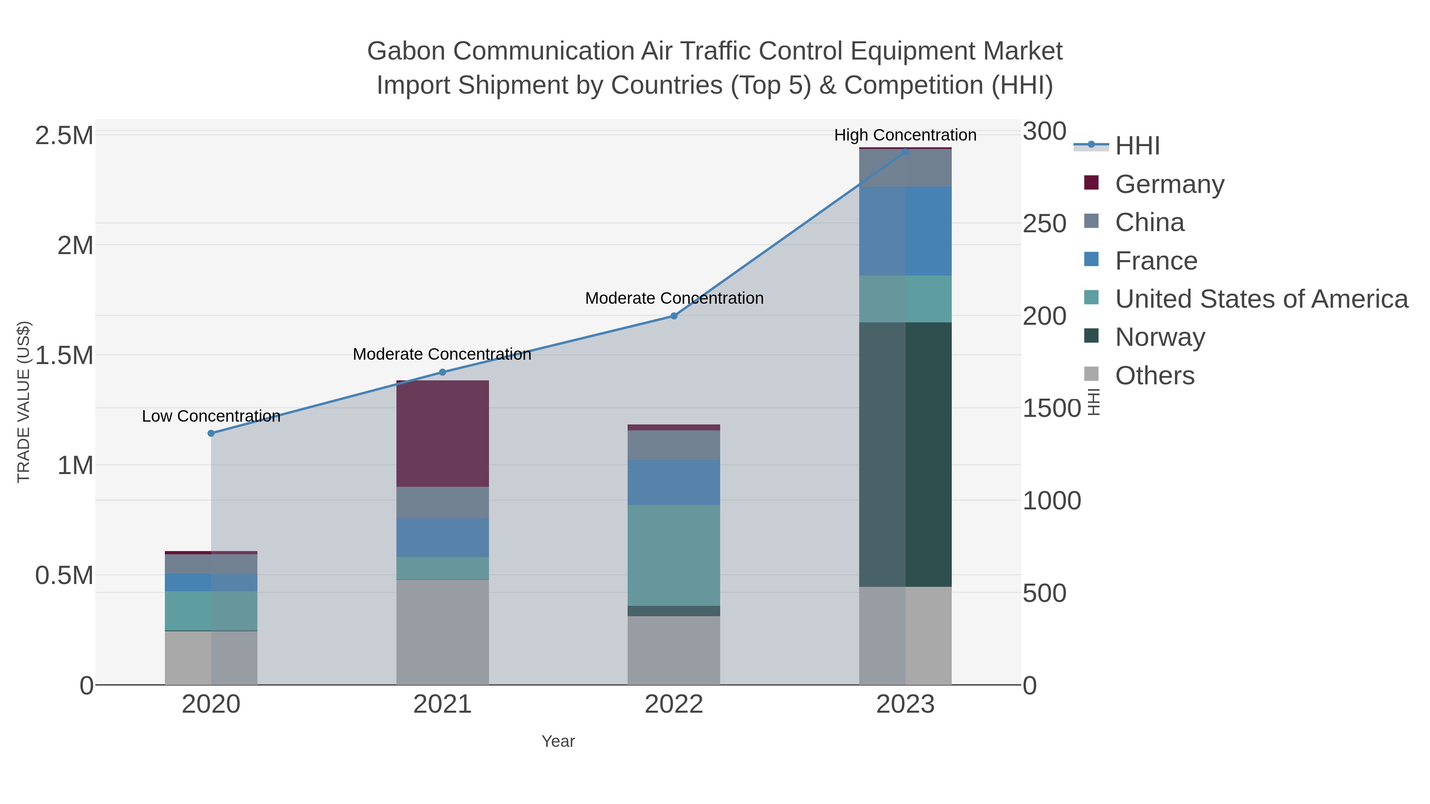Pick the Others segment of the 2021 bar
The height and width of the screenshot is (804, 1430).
coord(443,632)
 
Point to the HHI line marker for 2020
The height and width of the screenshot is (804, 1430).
coord(211,433)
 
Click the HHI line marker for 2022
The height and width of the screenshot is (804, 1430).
coord(674,316)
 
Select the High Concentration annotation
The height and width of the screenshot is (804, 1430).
coord(905,135)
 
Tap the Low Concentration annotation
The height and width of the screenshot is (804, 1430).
coord(211,416)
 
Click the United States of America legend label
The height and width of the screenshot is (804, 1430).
coord(1261,299)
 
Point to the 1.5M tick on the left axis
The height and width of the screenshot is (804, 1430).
coord(64,355)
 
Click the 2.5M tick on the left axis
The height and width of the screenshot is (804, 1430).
coord(64,135)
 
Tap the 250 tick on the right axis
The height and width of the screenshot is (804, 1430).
coord(1044,224)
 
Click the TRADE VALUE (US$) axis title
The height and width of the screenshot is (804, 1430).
coord(23,402)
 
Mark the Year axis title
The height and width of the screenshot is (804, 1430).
coord(558,741)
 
